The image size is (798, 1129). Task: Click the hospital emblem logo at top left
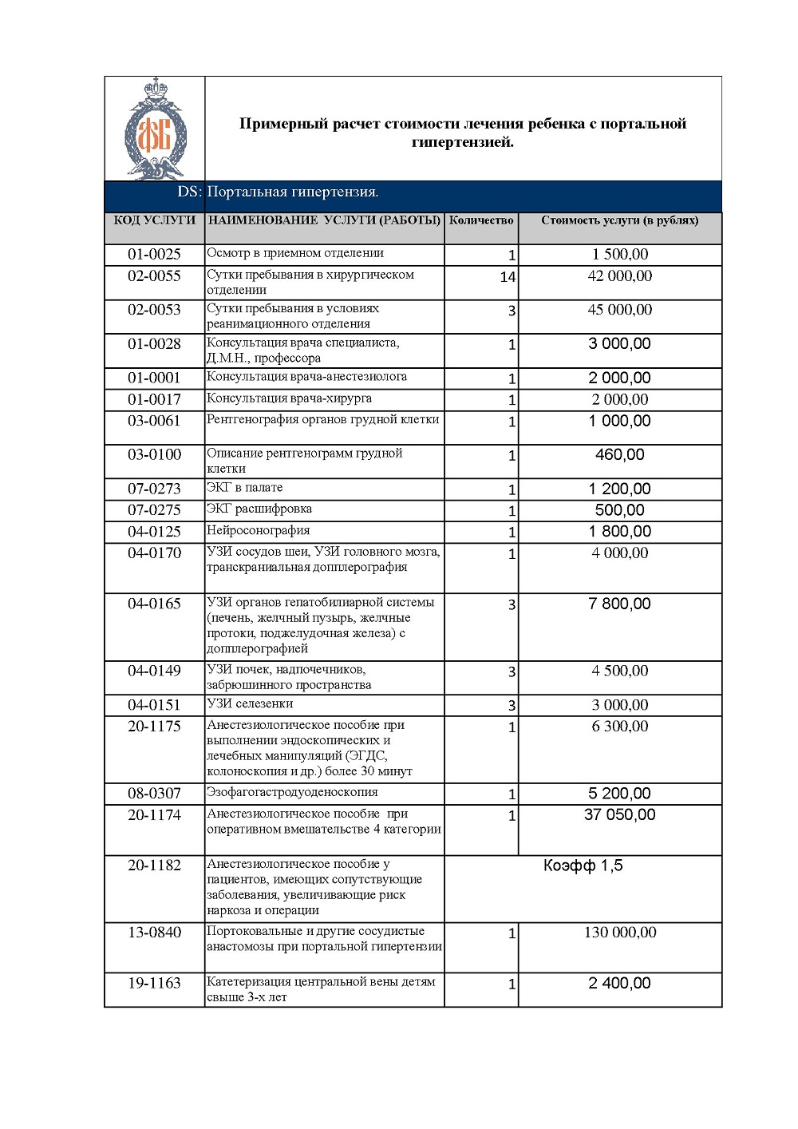pos(155,129)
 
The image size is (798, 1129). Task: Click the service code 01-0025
pos(154,255)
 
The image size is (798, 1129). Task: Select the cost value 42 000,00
pos(619,276)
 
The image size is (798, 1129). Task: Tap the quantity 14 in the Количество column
pos(508,277)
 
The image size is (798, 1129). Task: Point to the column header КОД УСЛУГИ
pos(154,220)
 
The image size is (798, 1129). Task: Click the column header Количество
pos(481,220)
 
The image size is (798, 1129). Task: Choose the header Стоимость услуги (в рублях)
pos(619,220)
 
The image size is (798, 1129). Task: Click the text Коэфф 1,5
pos(583,866)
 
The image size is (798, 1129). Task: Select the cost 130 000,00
pos(619,933)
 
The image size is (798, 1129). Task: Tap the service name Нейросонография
pos(259,531)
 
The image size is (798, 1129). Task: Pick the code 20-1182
pos(154,866)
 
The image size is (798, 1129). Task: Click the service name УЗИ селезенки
pos(250,704)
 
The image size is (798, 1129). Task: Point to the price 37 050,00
pos(619,815)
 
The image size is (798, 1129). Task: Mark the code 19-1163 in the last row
pos(154,984)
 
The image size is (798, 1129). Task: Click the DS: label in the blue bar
pos(189,192)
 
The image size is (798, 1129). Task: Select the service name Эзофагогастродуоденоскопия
pos(292,793)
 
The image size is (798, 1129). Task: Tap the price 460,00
pos(619,455)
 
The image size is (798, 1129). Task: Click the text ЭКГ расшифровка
pos(259,509)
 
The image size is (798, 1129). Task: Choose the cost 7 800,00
pos(619,604)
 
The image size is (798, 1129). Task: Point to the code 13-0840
pos(154,933)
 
